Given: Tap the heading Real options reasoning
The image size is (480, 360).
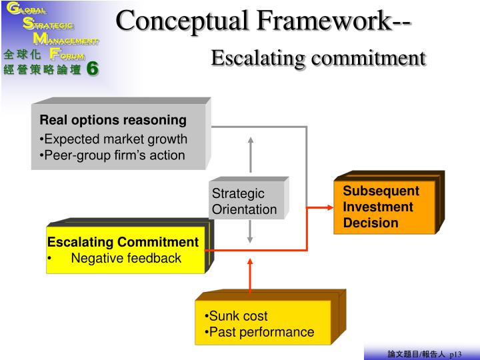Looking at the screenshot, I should [x=113, y=121].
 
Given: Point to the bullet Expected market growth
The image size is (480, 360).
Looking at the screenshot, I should [x=115, y=139].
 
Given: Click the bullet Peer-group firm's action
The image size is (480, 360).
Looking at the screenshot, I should [x=114, y=155].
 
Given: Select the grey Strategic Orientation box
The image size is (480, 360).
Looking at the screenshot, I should [x=247, y=201].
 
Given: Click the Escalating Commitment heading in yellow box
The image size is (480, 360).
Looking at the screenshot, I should [x=123, y=242].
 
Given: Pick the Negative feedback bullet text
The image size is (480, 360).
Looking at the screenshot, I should [x=126, y=258].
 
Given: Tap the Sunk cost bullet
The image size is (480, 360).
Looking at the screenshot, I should [x=237, y=316].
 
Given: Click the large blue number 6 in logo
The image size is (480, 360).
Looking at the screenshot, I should [x=93, y=68].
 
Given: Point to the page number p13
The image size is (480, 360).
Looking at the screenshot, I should [x=455, y=354].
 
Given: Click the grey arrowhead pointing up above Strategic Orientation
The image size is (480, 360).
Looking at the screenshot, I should [x=251, y=141].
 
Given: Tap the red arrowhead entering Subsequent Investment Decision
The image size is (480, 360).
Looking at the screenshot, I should [x=329, y=207].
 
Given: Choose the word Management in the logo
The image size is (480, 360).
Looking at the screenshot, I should [x=66, y=40].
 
